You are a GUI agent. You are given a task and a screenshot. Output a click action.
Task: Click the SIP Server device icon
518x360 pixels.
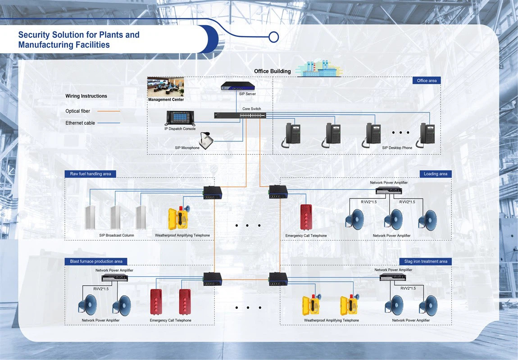[x=238, y=85]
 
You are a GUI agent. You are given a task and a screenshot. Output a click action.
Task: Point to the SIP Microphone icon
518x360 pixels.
[x=205, y=141]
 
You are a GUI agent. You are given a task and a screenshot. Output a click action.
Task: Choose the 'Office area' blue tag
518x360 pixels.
[x=426, y=81]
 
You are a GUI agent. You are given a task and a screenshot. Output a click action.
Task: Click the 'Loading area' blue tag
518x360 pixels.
[x=435, y=174]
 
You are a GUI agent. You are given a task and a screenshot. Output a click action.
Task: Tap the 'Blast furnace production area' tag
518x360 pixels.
[x=96, y=261]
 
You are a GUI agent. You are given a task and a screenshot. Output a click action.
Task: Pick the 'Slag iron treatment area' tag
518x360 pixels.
[x=425, y=261]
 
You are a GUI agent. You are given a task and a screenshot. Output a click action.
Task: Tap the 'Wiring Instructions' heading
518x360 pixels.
[x=86, y=96]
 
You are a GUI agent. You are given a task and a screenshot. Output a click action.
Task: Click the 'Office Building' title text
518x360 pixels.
[x=272, y=71]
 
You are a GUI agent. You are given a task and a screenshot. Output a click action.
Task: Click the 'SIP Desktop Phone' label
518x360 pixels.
[x=397, y=148]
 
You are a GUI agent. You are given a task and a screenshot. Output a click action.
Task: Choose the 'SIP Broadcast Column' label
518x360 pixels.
[x=117, y=235]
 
